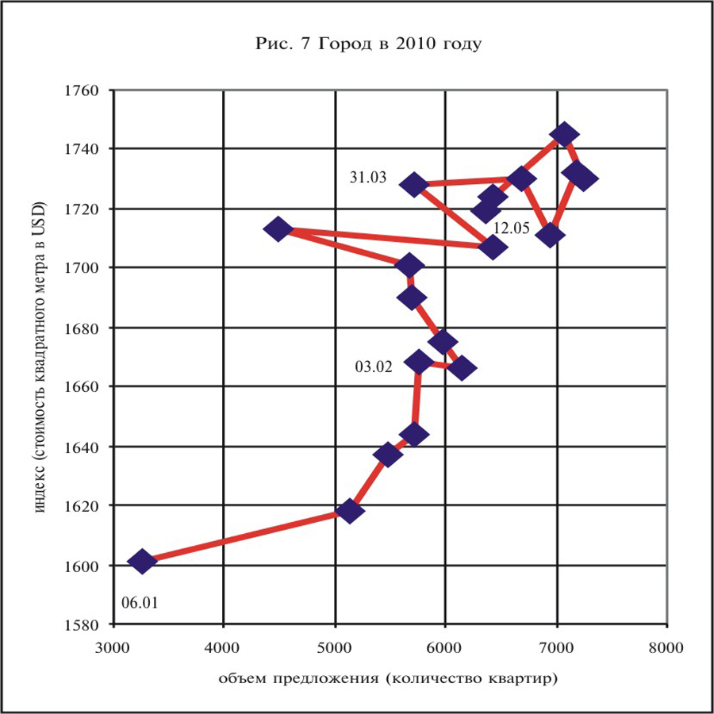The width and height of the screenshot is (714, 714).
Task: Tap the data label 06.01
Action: pyautogui.click(x=140, y=602)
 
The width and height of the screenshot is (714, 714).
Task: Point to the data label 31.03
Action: pyautogui.click(x=368, y=178)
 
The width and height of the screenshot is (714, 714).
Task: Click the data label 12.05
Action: pyautogui.click(x=511, y=228)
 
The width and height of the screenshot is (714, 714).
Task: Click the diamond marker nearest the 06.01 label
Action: pyautogui.click(x=142, y=562)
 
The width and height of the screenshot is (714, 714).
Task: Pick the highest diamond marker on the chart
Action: pyautogui.click(x=564, y=134)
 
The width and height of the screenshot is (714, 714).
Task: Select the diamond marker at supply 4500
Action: pyautogui.click(x=278, y=229)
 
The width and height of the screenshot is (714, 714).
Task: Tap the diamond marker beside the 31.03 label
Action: pyautogui.click(x=413, y=184)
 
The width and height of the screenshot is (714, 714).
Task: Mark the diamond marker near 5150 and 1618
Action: pyautogui.click(x=350, y=511)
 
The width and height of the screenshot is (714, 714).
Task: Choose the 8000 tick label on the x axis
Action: pyautogui.click(x=666, y=647)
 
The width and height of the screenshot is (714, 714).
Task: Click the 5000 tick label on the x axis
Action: pyautogui.click(x=335, y=647)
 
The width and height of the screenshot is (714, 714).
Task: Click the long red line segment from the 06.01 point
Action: pyautogui.click(x=246, y=536)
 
